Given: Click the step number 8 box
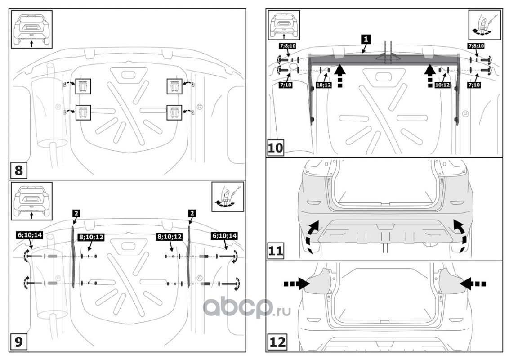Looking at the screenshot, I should pyautogui.click(x=18, y=171).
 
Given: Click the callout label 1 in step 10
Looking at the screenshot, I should pyautogui.click(x=366, y=39).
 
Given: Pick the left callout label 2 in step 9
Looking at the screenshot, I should pyautogui.click(x=75, y=213).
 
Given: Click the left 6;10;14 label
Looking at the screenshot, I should pyautogui.click(x=29, y=234).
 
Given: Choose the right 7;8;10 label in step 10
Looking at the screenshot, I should pyautogui.click(x=476, y=46).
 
